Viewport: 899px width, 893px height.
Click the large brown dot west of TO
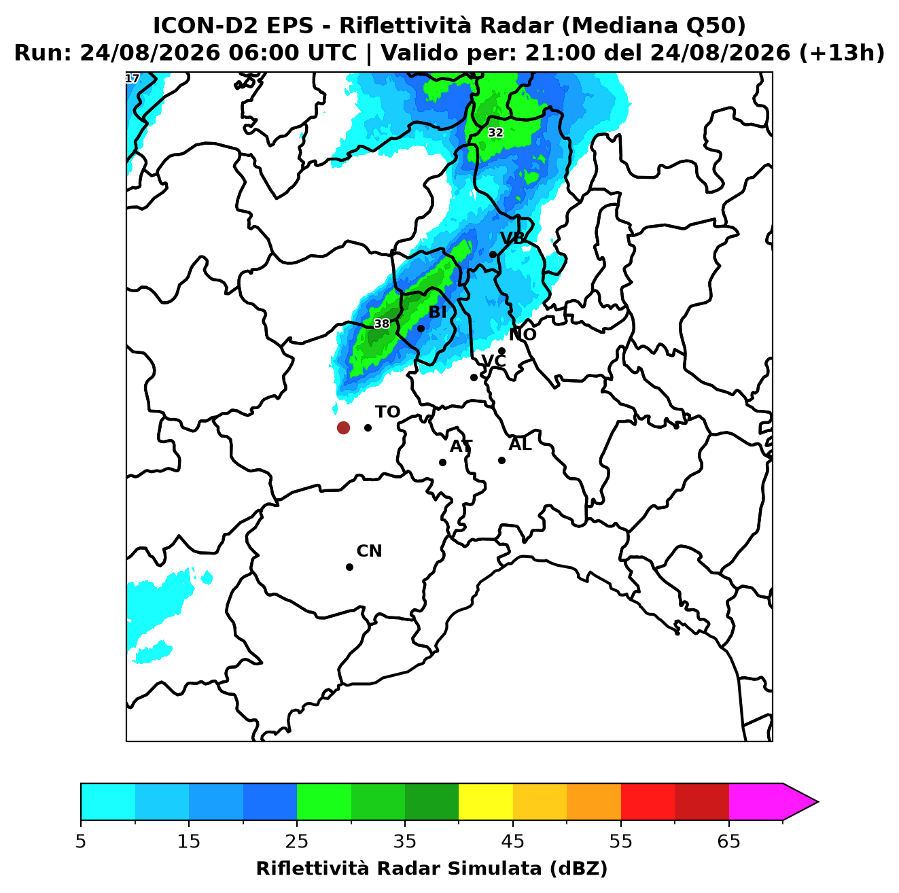click(343, 427)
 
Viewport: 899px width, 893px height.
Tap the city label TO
click(388, 412)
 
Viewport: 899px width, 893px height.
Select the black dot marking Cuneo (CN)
click(349, 567)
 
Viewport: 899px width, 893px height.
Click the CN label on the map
click(369, 551)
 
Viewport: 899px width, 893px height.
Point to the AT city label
click(461, 446)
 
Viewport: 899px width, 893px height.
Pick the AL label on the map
click(520, 444)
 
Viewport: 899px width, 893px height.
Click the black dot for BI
click(421, 329)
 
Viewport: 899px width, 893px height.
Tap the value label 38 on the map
click(382, 323)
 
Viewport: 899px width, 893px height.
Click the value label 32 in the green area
click(495, 133)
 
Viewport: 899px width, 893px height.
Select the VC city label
click(493, 361)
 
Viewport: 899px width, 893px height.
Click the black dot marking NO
click(501, 351)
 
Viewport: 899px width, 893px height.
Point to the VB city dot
click(493, 254)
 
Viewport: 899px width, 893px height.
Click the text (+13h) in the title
click(841, 53)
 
